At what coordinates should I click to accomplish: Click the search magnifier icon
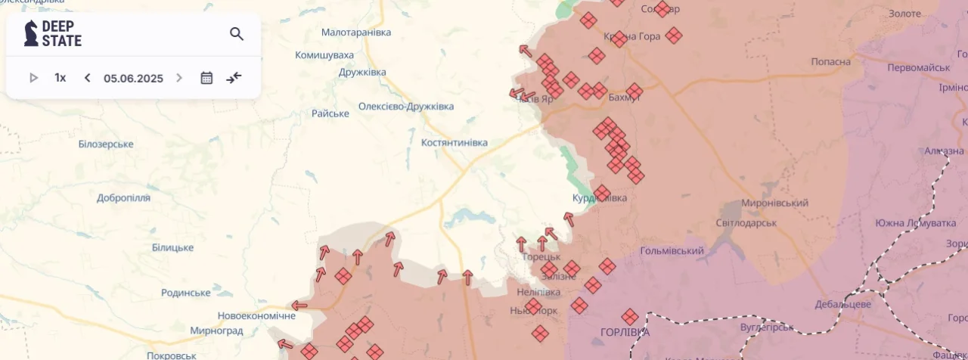[x=237, y=34]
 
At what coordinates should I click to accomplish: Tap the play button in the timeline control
[x=33, y=78]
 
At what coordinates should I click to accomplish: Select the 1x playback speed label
[x=60, y=78]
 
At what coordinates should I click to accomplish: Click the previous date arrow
[x=87, y=78]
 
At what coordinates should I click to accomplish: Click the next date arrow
[x=179, y=78]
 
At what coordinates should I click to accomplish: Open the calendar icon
[x=206, y=78]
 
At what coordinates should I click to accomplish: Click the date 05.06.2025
[x=133, y=78]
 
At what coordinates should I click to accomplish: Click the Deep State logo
[x=53, y=34]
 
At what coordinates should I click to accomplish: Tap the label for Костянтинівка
[x=454, y=142]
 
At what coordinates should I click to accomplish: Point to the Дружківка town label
[x=362, y=72]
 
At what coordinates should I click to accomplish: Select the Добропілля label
[x=123, y=197]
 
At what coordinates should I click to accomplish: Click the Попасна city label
[x=830, y=61]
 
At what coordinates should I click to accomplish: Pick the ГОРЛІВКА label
[x=625, y=332]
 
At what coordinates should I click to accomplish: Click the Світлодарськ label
[x=746, y=223]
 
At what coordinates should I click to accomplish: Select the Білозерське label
[x=106, y=144]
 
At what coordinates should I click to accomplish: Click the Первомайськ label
[x=919, y=67]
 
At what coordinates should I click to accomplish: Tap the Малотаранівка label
[x=356, y=33]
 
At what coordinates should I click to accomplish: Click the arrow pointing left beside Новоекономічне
[x=299, y=306]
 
